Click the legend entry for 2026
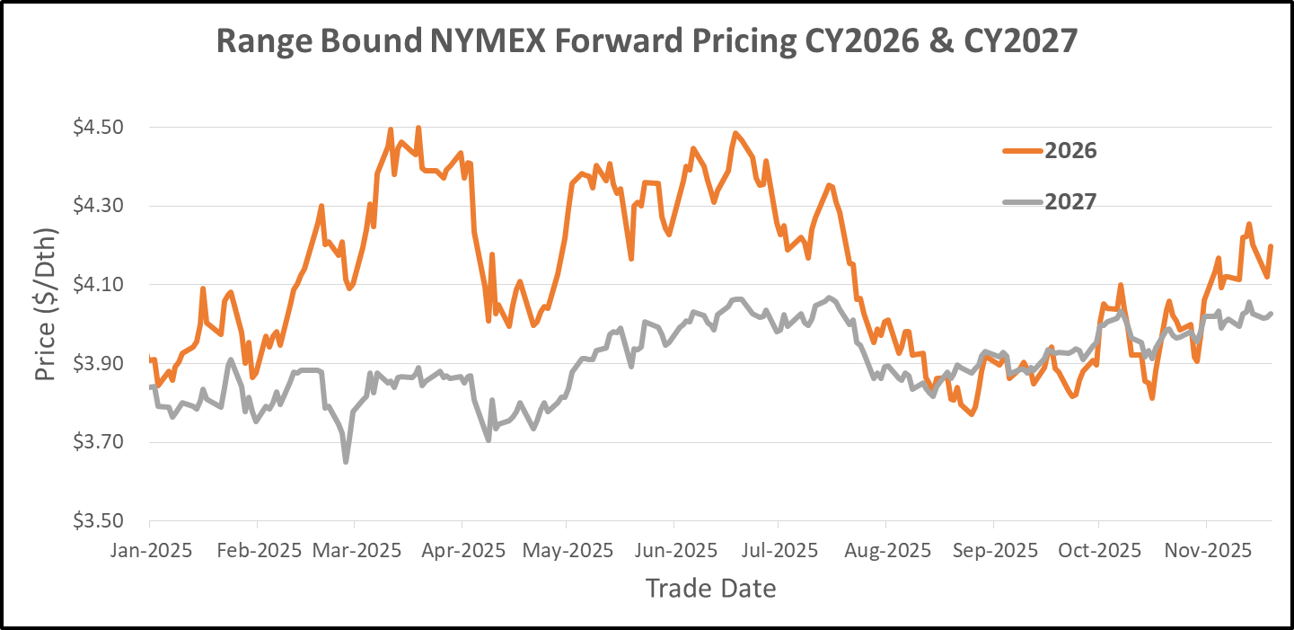tap(1070, 150)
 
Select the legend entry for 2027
tap(1070, 201)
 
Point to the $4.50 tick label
tap(100, 128)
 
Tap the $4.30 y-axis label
tap(100, 206)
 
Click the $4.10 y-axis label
tap(100, 285)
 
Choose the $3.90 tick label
tap(100, 363)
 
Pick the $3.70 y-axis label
tap(100, 442)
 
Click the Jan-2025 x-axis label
tap(150, 550)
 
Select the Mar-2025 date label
tap(355, 550)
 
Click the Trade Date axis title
tap(710, 589)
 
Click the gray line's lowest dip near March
tap(346, 461)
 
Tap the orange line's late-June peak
tap(735, 134)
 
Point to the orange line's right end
tap(1271, 246)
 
